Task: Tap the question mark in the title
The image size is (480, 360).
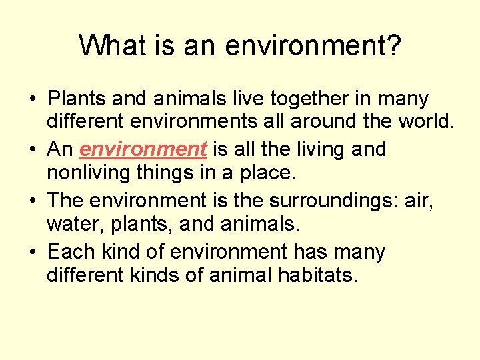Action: [x=393, y=45]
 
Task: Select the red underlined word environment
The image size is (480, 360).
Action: [x=143, y=149]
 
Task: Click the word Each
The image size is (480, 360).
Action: [x=73, y=251]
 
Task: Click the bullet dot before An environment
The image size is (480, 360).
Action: [x=31, y=150]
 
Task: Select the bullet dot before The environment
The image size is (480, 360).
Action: [x=31, y=201]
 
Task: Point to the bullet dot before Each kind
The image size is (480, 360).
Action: [x=31, y=253]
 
